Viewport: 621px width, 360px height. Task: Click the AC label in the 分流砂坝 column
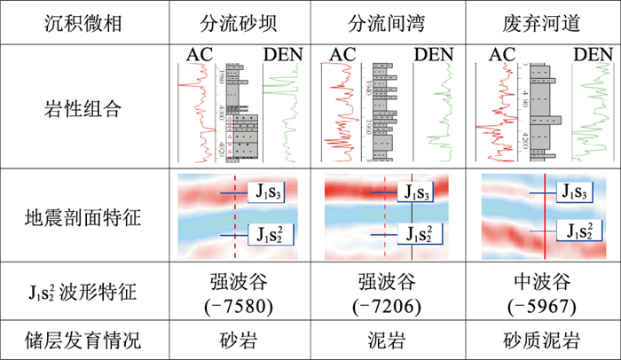click(x=199, y=54)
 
